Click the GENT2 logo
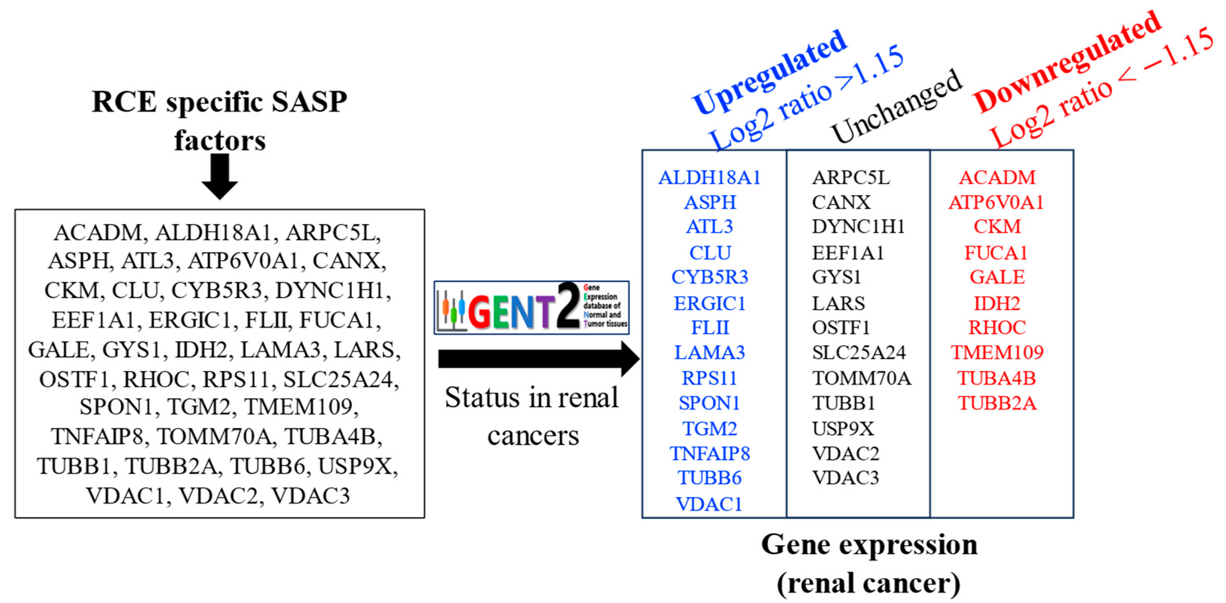[531, 308]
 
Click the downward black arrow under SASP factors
[219, 176]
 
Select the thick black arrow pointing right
[538, 359]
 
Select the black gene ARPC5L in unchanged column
[850, 178]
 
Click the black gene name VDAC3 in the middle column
[845, 477]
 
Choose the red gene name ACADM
[997, 178]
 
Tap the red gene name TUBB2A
[997, 403]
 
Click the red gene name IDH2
[997, 304]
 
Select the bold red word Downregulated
[1066, 62]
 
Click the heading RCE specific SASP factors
[219, 121]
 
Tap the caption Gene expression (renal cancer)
[869, 564]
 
